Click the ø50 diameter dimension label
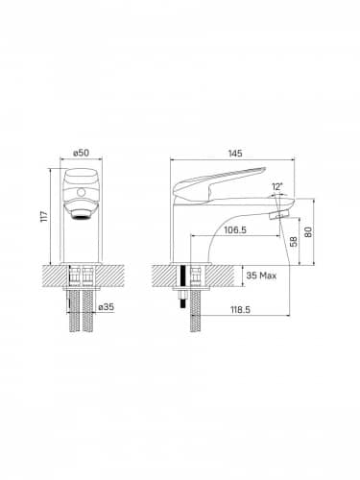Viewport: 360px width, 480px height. [x=81, y=153]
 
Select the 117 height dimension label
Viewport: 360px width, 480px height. [x=44, y=217]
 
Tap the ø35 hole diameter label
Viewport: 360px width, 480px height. [x=106, y=307]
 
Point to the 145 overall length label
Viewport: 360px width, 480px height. [x=235, y=154]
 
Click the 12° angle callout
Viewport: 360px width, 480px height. [x=277, y=186]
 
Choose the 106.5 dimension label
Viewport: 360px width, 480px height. [x=235, y=229]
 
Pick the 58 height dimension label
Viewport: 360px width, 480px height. [x=293, y=241]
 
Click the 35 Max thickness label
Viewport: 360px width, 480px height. [x=261, y=276]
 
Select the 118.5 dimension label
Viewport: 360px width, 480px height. [x=240, y=310]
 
